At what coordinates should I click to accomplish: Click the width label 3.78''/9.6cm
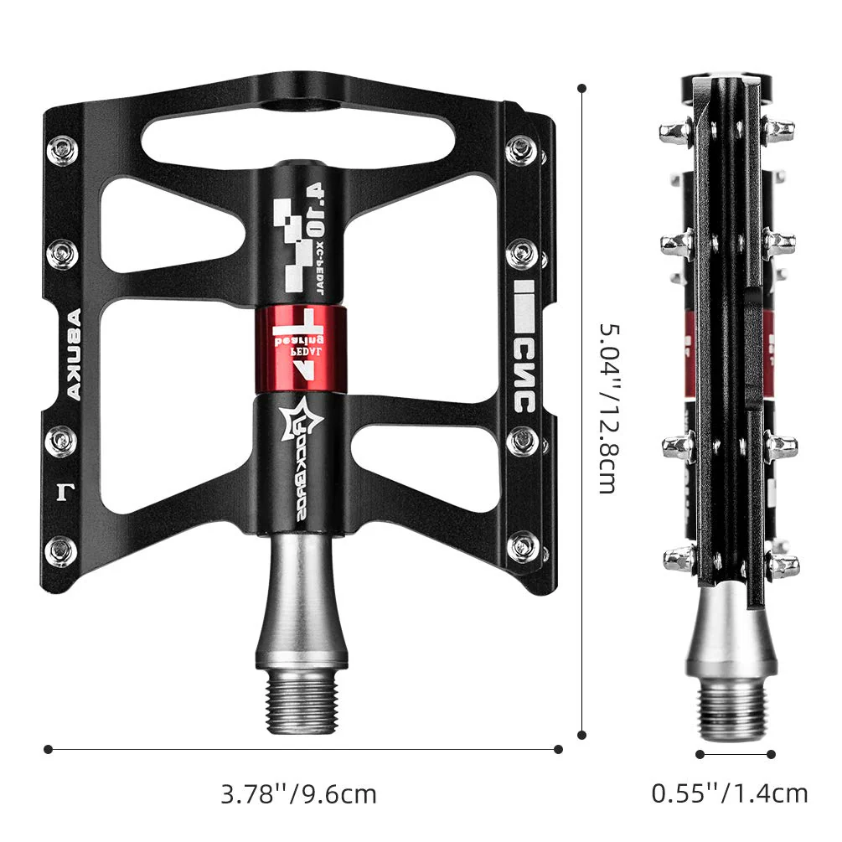click(x=298, y=793)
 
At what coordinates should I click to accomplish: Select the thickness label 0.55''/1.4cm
click(x=730, y=793)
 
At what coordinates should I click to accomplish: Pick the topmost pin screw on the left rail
click(x=63, y=150)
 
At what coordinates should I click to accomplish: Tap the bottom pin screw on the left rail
click(x=63, y=546)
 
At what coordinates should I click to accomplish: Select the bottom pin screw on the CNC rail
click(x=523, y=544)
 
